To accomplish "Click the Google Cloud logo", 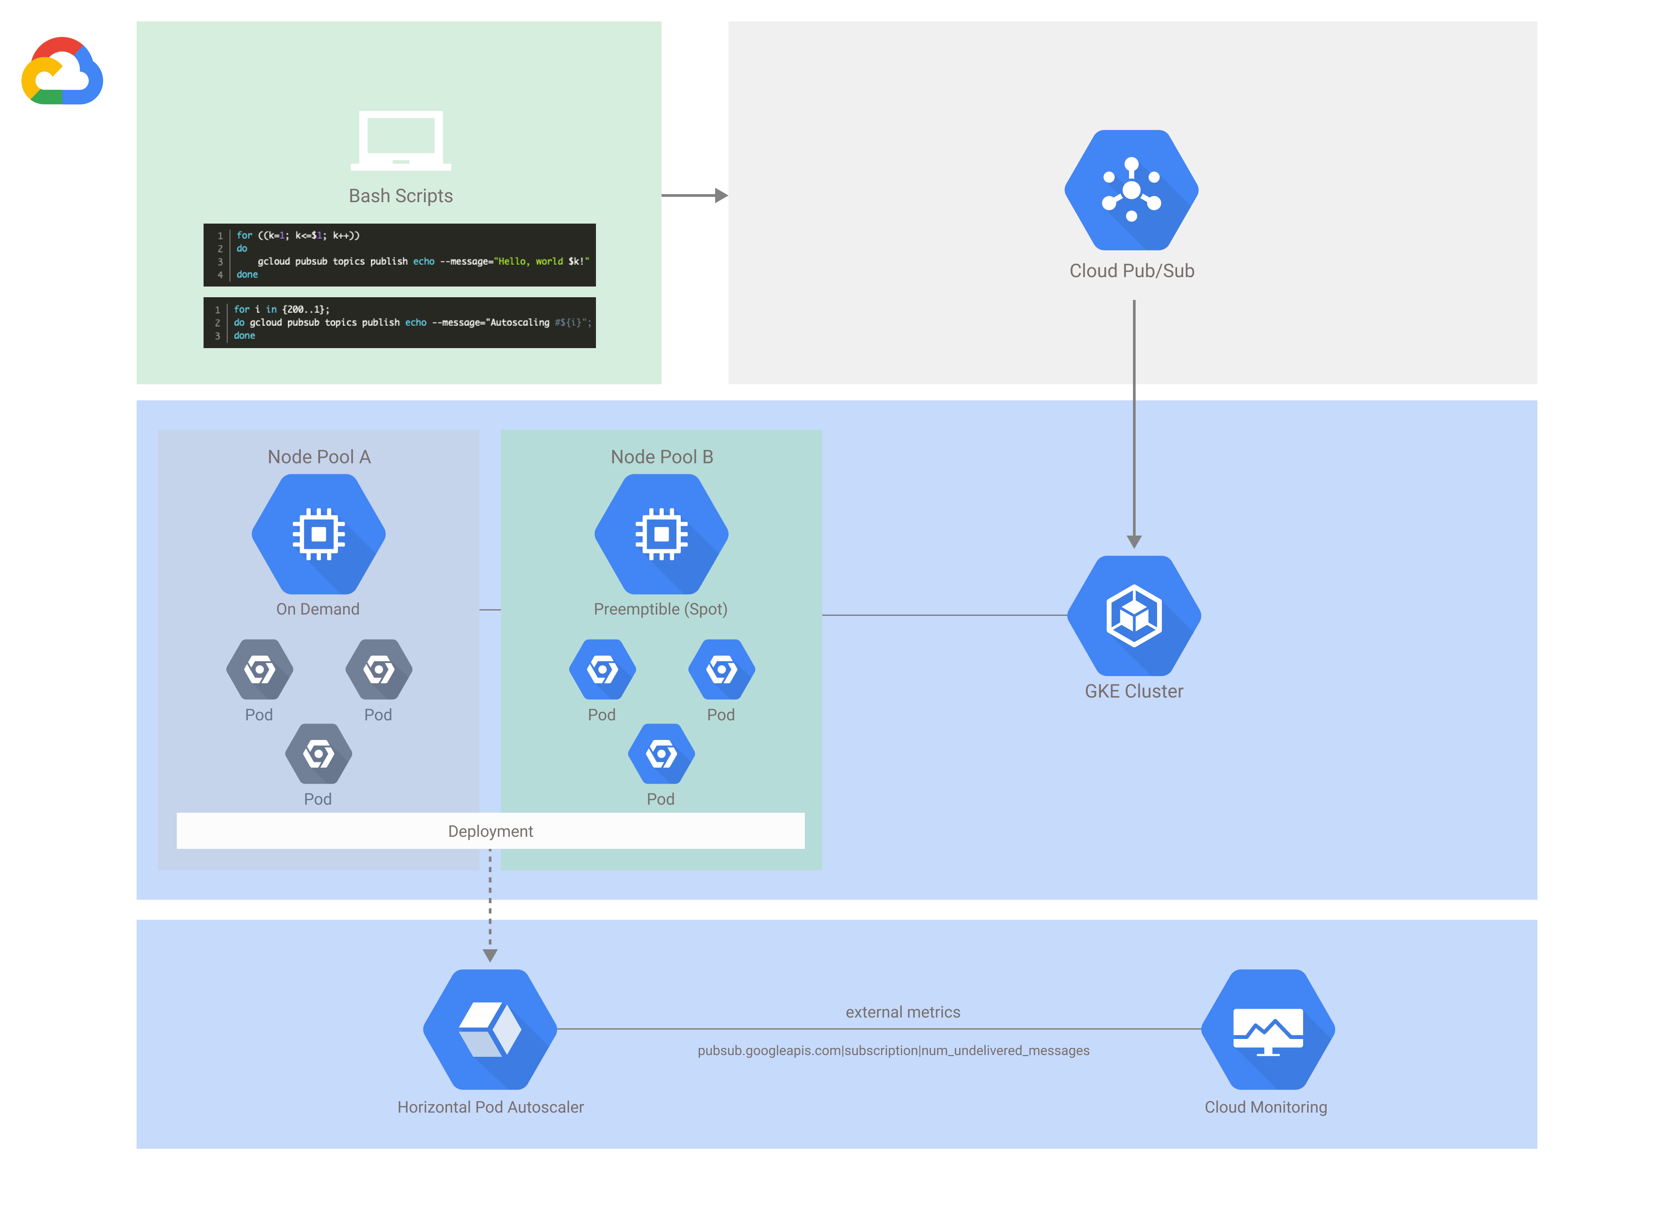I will point(62,71).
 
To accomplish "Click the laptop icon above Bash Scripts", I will point(401,140).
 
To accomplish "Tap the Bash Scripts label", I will point(401,195).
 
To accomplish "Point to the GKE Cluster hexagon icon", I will point(1134,615).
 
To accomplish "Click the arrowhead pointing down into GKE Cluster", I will point(1134,542).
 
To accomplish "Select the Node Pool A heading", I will point(319,457).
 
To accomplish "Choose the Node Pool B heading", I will point(661,457).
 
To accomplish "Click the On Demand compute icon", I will point(319,534).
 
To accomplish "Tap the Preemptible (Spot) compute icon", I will point(661,534).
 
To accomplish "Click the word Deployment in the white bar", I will point(490,831).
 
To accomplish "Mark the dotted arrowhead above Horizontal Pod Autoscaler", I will point(490,956).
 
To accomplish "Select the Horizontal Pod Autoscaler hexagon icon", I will point(490,1029).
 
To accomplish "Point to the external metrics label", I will point(903,1012).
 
